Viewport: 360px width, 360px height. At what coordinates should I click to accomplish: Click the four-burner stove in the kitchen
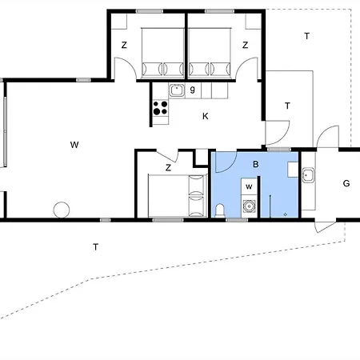tap(160, 108)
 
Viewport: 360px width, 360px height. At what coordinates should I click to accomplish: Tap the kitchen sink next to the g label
tap(177, 90)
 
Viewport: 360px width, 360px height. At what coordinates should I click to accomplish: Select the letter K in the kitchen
tap(205, 117)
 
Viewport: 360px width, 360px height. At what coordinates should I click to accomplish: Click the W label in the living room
tap(74, 145)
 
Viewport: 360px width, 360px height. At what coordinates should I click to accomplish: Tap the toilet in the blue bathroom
tap(220, 210)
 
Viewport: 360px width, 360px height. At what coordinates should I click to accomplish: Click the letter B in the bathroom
tap(256, 165)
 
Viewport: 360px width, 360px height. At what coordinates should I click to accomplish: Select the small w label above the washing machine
tap(249, 187)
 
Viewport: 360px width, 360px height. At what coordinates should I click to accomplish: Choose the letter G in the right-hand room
tap(346, 184)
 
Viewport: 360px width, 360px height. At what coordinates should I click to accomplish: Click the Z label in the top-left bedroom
tap(124, 46)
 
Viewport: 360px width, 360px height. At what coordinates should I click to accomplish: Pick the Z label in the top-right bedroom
tap(245, 46)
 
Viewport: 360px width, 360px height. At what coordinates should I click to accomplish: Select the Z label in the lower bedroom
tap(168, 168)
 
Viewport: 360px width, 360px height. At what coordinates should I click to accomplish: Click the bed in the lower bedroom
tap(176, 196)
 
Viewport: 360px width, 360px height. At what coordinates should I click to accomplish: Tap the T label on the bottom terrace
tap(95, 247)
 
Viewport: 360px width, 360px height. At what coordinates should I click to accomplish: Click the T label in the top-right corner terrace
tap(306, 36)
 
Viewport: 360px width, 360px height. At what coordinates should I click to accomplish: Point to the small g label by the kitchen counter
tap(193, 89)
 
